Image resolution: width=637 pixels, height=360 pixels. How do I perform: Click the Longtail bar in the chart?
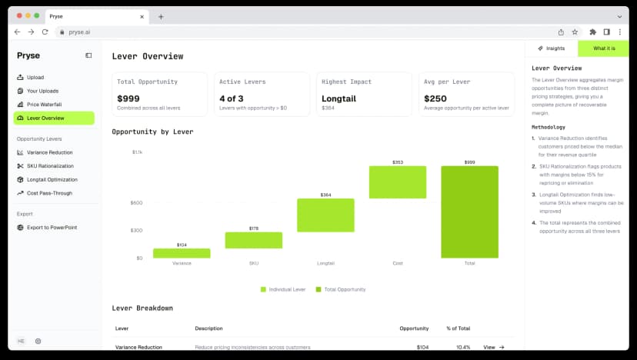(x=325, y=215)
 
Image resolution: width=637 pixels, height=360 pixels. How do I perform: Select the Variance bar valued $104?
(x=182, y=253)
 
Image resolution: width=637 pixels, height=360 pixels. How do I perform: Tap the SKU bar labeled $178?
(x=254, y=240)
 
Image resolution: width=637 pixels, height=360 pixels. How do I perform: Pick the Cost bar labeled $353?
(x=398, y=182)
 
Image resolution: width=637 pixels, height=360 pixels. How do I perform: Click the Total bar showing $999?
(x=469, y=212)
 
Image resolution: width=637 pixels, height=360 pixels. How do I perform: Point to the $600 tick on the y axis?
(x=135, y=203)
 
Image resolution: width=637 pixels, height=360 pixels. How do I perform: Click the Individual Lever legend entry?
(x=283, y=289)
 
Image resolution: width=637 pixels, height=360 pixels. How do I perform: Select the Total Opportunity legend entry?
(x=341, y=289)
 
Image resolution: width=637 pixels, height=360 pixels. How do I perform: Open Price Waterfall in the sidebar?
(x=44, y=104)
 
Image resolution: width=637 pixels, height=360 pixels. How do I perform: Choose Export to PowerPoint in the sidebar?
(x=52, y=228)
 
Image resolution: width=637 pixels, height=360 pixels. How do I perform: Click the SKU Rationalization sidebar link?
(x=50, y=165)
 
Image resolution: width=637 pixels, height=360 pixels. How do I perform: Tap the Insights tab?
(x=552, y=48)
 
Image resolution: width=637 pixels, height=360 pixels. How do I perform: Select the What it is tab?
(x=604, y=48)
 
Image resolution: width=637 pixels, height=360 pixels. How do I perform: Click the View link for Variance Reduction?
(x=493, y=347)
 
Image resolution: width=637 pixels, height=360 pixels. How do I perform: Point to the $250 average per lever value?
(x=435, y=98)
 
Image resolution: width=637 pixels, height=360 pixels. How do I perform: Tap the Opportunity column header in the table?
(x=414, y=328)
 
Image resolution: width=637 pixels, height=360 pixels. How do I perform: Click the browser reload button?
(x=45, y=32)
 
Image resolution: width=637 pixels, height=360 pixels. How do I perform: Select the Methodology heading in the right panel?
(x=549, y=127)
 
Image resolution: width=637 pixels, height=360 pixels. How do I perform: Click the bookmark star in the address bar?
(x=575, y=32)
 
